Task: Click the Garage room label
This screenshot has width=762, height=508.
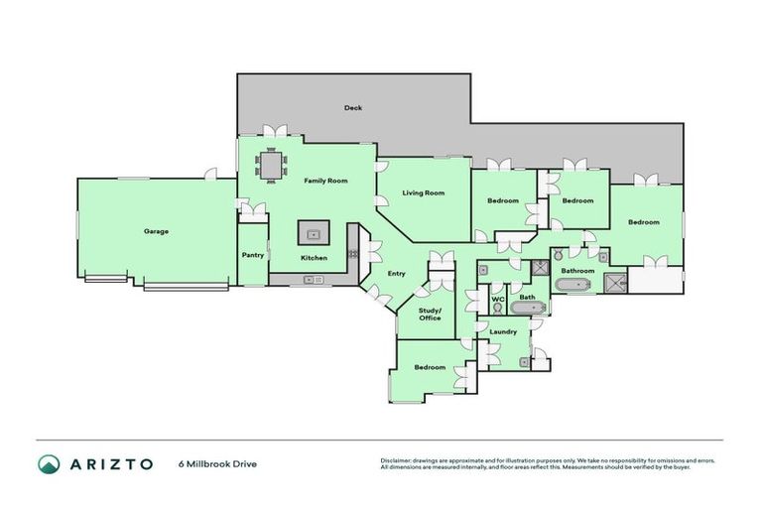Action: [x=156, y=231]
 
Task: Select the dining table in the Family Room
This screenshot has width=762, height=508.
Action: [x=271, y=165]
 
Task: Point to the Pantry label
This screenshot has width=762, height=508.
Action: [x=252, y=255]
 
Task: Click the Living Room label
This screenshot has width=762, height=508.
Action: [x=423, y=192]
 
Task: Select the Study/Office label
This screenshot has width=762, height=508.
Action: [x=429, y=314]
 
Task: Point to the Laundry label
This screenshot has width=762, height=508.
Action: [x=503, y=331]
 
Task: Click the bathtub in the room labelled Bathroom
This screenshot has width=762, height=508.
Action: [x=572, y=286]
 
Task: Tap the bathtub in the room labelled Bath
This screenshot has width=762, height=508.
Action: [x=527, y=309]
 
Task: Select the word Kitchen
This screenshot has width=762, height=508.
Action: [x=314, y=258]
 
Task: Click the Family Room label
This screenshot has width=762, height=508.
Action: [x=324, y=181]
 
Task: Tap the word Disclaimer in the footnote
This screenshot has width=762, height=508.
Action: [x=395, y=460]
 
